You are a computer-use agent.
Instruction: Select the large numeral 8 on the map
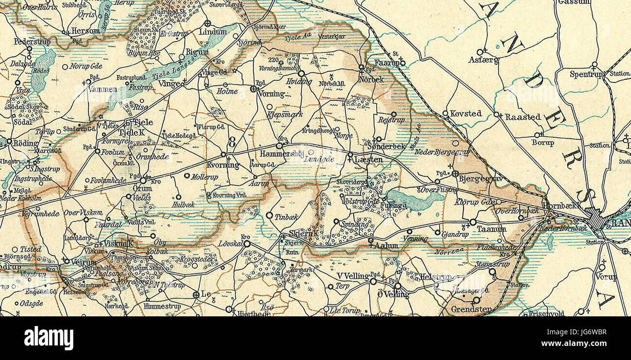coord(232,143)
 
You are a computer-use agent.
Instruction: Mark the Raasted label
coord(522,117)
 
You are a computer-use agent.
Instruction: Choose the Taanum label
coord(488,228)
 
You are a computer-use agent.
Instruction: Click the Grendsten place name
coord(465,309)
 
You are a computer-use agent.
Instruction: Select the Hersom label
coord(85,31)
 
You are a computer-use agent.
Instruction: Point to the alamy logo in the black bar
coord(49,338)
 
